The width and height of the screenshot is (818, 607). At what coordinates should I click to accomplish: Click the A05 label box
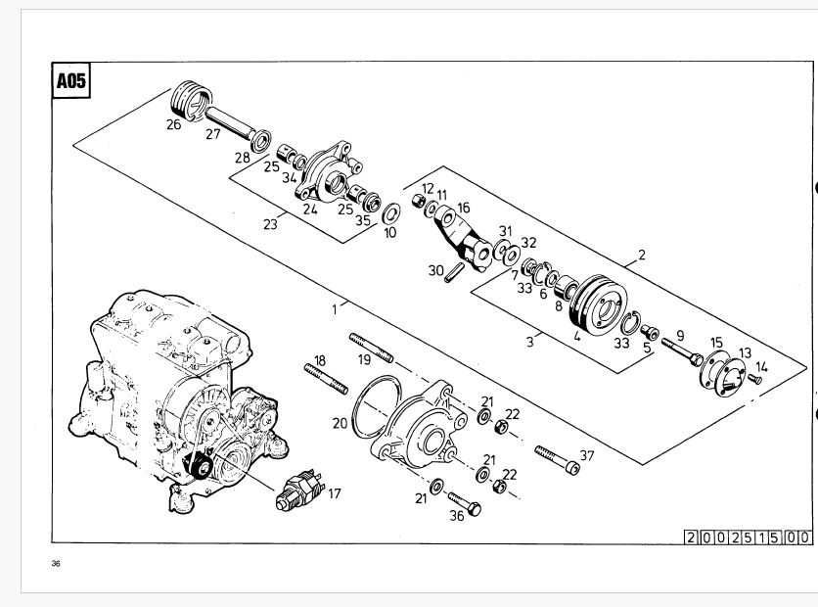pyautogui.click(x=71, y=81)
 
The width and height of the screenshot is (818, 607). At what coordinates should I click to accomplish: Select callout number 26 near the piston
pyautogui.click(x=174, y=125)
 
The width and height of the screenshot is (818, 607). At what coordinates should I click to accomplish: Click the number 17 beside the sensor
pyautogui.click(x=334, y=493)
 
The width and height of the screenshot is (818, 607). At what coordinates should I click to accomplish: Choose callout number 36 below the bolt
pyautogui.click(x=456, y=517)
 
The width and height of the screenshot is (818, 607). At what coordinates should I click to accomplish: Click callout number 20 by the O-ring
pyautogui.click(x=340, y=424)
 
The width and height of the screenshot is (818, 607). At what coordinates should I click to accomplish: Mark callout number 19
pyautogui.click(x=364, y=359)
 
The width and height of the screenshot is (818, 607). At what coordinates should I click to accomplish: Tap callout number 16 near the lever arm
pyautogui.click(x=463, y=208)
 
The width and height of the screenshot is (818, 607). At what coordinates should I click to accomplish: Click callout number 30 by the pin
pyautogui.click(x=435, y=270)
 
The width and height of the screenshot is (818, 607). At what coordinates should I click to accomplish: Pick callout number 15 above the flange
pyautogui.click(x=716, y=342)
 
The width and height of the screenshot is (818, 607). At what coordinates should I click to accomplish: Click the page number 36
pyautogui.click(x=56, y=563)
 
